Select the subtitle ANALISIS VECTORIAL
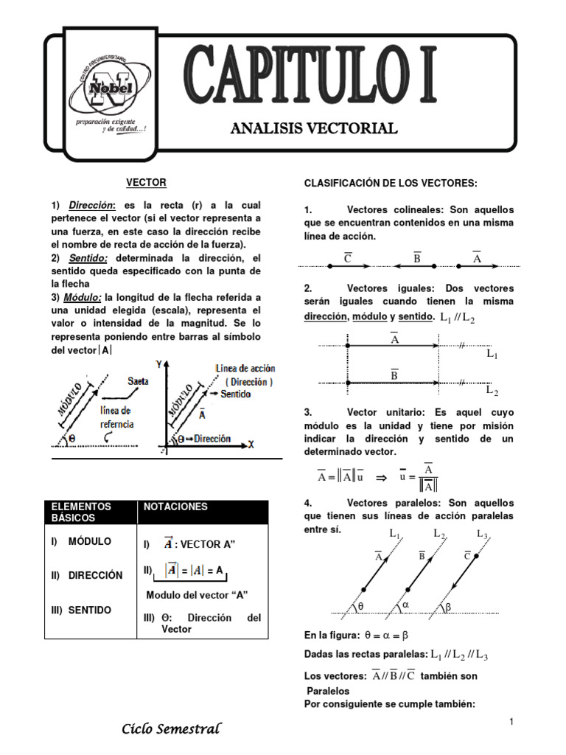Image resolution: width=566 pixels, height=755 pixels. click(x=314, y=129)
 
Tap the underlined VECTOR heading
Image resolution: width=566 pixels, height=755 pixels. click(x=146, y=182)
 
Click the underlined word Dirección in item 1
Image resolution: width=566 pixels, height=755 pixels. click(x=93, y=205)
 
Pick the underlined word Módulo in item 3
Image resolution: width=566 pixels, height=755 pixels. click(x=86, y=297)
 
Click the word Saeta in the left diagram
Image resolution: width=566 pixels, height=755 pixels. click(x=138, y=381)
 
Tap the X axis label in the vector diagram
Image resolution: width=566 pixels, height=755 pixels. click(x=251, y=445)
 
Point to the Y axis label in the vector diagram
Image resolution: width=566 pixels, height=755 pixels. click(x=158, y=364)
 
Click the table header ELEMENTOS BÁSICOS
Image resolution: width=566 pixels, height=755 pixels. click(x=81, y=512)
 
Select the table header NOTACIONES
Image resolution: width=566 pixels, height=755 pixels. click(x=175, y=507)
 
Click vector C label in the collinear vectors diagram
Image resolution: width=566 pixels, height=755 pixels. click(x=347, y=258)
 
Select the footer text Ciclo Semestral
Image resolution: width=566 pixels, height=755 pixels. click(x=171, y=729)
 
